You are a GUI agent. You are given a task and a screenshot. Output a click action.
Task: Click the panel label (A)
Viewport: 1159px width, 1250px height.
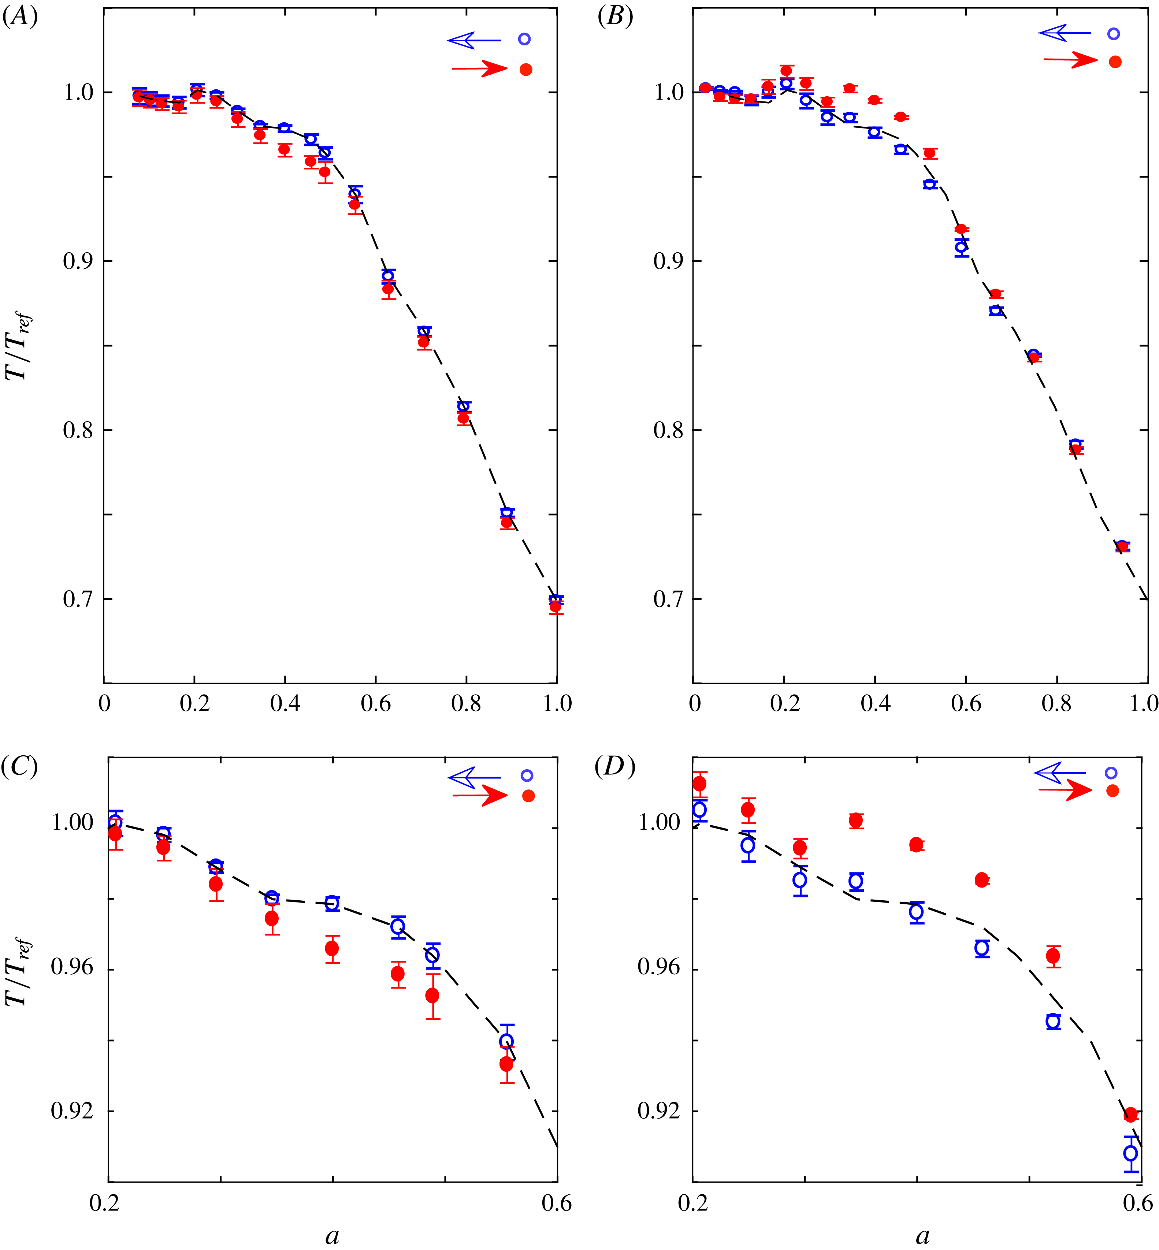[20, 17]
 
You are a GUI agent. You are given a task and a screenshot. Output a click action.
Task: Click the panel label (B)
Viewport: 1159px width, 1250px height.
[614, 17]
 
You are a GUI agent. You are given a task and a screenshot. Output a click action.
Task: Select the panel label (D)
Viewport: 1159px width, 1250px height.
[614, 766]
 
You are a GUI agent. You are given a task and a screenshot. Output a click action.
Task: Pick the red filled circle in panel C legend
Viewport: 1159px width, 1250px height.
[528, 796]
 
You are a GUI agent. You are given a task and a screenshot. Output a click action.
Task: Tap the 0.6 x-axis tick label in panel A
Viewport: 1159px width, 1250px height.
[376, 704]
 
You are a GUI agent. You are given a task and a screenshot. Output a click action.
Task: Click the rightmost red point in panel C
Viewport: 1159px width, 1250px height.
[507, 1064]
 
